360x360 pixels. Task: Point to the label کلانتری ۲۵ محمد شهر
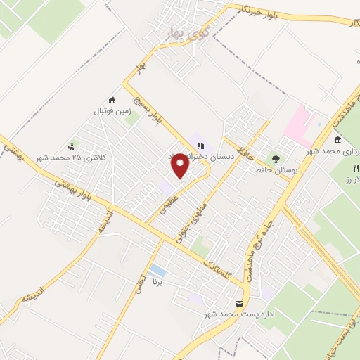(x=70, y=157)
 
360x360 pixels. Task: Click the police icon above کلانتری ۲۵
(x=70, y=147)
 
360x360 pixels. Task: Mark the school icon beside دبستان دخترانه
(x=200, y=146)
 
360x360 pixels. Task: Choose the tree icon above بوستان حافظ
(x=275, y=158)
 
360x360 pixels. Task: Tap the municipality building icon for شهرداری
(x=338, y=141)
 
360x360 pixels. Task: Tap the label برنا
(x=157, y=283)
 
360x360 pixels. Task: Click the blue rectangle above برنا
(x=157, y=271)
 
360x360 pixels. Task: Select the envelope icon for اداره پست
(x=240, y=303)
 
